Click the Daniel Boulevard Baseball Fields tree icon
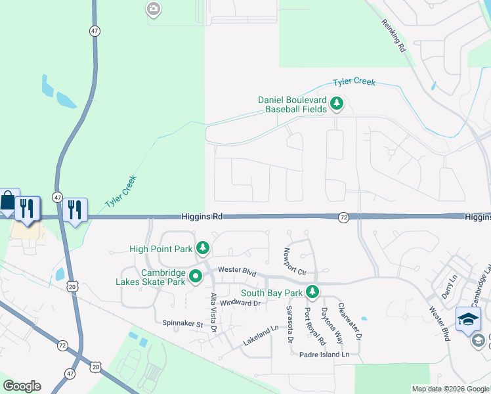click(337, 103)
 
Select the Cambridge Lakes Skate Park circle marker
click(196, 276)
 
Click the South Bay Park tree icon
click(314, 292)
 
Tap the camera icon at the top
click(153, 9)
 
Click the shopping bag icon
click(7, 201)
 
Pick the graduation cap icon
click(468, 319)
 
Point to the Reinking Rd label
click(394, 35)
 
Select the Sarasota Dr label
click(289, 324)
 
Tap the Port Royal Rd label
click(314, 326)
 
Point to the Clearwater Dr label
click(350, 321)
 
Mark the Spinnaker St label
click(181, 322)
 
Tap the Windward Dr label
click(240, 303)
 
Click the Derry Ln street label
click(451, 287)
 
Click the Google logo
click(22, 386)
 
